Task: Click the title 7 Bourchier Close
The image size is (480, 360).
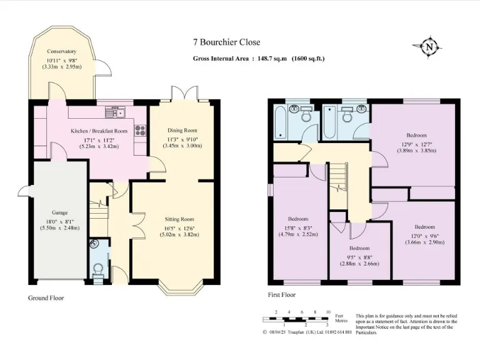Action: (226, 42)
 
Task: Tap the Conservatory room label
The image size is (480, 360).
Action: (61, 51)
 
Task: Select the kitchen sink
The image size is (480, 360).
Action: (116, 112)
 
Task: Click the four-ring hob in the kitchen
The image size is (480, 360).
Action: (141, 131)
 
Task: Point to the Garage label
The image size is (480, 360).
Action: (60, 212)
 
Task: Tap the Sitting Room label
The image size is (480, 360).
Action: (179, 219)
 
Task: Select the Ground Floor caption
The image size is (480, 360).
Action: (46, 298)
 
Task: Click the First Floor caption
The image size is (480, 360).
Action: (282, 295)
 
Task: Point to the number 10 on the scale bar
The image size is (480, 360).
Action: (328, 312)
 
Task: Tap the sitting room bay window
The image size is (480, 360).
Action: (181, 288)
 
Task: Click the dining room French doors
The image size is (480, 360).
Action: (184, 92)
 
